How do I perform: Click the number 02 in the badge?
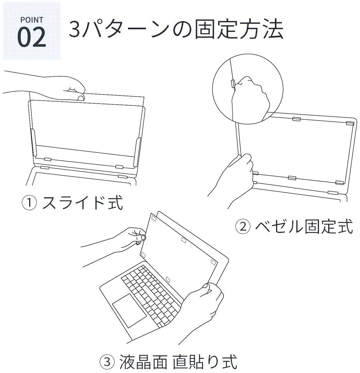(31, 38)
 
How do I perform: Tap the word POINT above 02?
(31, 20)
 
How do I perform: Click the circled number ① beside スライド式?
(29, 203)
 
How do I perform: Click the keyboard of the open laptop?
(151, 290)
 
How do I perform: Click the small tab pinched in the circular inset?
(233, 84)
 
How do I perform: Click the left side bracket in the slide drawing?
(33, 142)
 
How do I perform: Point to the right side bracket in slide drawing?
(137, 152)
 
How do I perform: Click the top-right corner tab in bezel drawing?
(350, 123)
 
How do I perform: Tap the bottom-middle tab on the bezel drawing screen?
(292, 178)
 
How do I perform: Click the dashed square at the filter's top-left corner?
(154, 218)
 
